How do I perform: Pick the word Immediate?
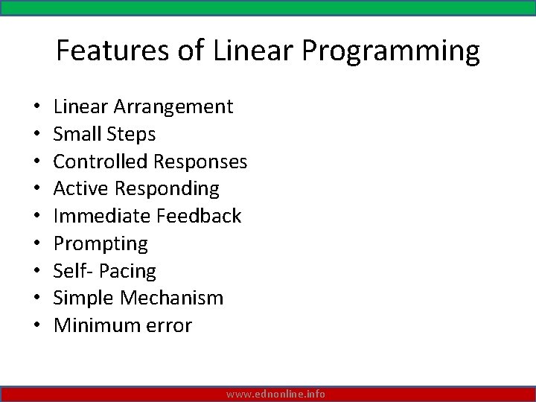[102, 216]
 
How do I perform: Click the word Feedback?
[200, 216]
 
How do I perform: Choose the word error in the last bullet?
[168, 326]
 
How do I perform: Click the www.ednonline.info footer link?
[275, 394]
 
